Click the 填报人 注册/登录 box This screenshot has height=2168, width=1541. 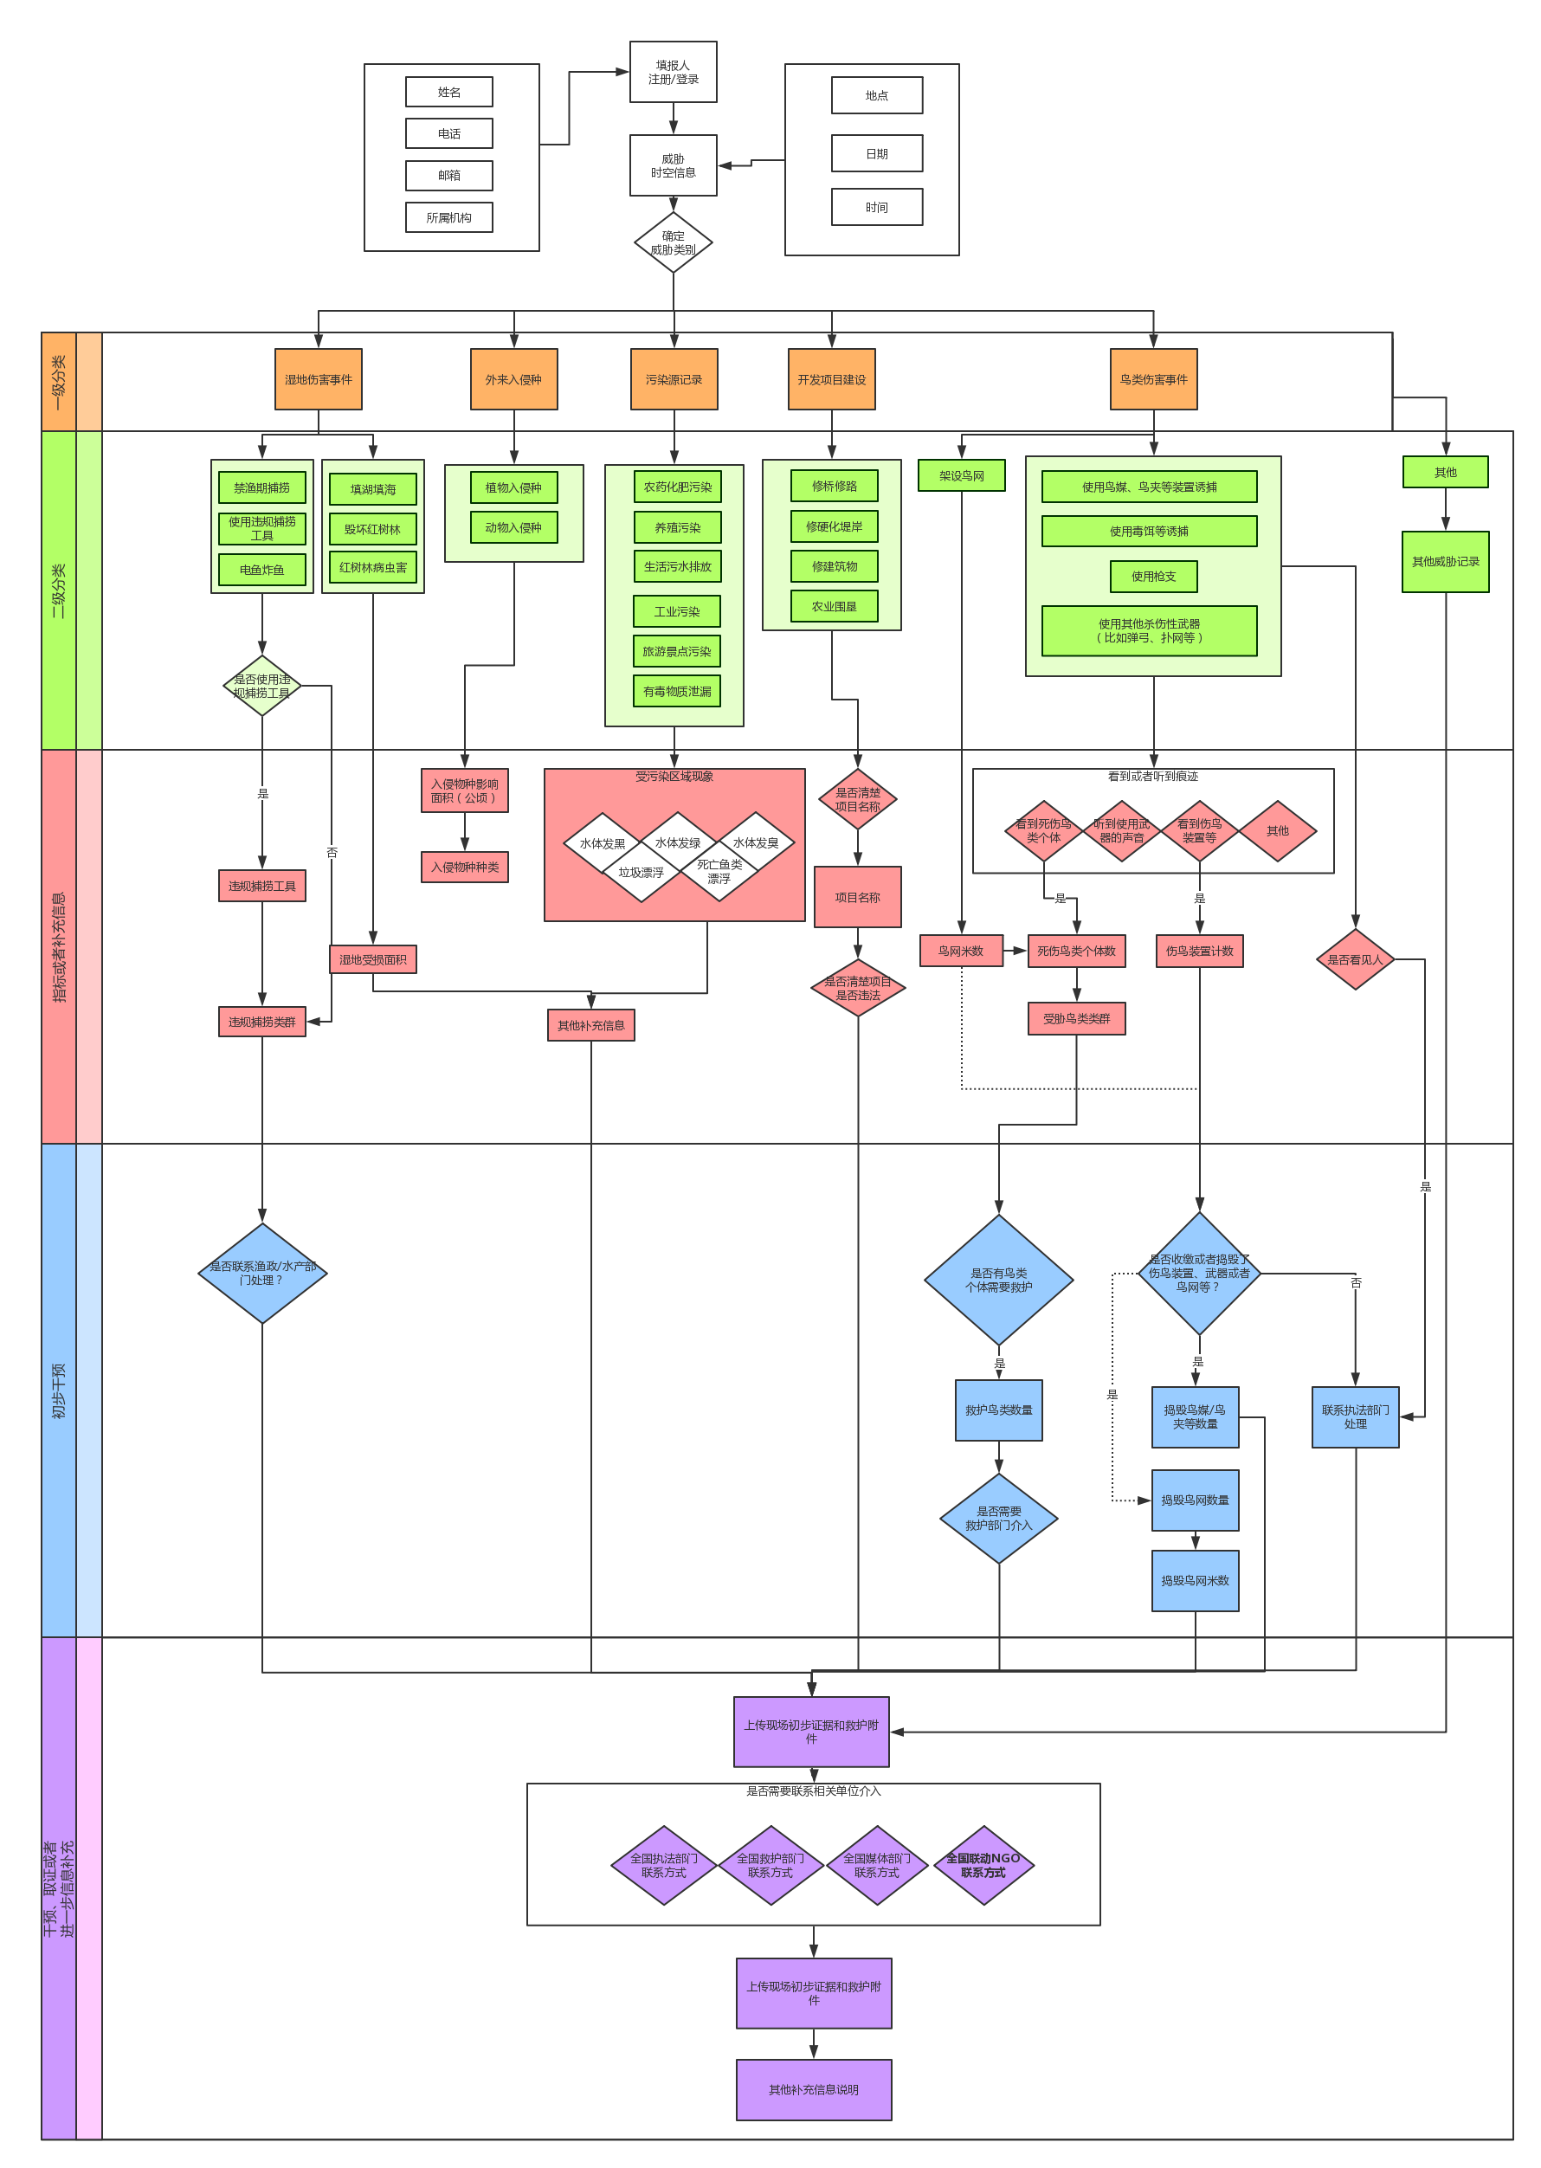(673, 72)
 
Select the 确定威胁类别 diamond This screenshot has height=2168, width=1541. (673, 243)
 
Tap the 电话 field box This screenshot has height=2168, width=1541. (448, 134)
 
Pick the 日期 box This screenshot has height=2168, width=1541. (876, 154)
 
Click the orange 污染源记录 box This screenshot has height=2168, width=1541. (674, 379)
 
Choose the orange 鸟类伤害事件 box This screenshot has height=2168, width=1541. (1153, 379)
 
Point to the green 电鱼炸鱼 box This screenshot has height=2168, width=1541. (262, 570)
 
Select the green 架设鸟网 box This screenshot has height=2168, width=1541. (961, 475)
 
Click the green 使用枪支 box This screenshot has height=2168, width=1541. (1153, 576)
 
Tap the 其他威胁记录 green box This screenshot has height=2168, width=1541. (1444, 562)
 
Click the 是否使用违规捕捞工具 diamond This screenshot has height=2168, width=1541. (262, 686)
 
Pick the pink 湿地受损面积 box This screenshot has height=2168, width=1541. (373, 959)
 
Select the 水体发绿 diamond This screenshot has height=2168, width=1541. (678, 842)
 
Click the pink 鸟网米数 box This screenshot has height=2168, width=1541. (960, 951)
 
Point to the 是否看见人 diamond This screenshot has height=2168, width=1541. (1354, 959)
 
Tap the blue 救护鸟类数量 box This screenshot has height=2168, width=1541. (998, 1410)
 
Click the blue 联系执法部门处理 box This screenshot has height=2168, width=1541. (1354, 1416)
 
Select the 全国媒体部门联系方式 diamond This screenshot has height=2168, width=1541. (876, 1865)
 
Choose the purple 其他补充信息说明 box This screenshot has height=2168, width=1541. (813, 2089)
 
